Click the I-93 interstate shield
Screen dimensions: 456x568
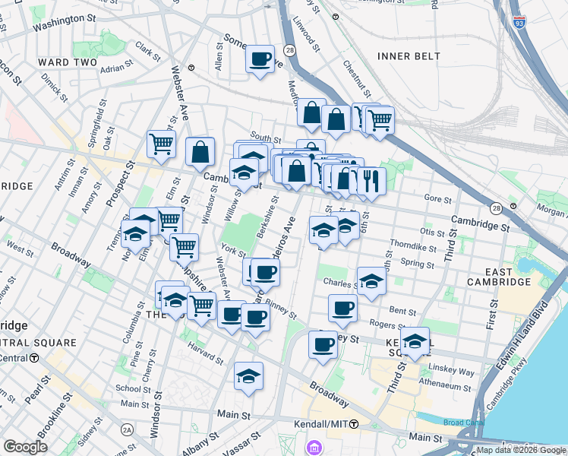tap(519, 24)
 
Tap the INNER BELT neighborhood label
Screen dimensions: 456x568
tap(409, 56)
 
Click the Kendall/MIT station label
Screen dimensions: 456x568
tap(326, 423)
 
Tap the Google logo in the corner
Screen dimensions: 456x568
tap(25, 447)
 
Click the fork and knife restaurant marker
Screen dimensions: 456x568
tap(371, 181)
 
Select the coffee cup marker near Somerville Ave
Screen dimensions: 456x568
tap(260, 59)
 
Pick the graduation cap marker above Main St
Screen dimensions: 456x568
tap(248, 375)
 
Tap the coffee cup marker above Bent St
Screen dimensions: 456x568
tap(342, 308)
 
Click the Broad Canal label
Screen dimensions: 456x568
tap(462, 423)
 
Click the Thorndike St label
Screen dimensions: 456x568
tap(412, 246)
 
